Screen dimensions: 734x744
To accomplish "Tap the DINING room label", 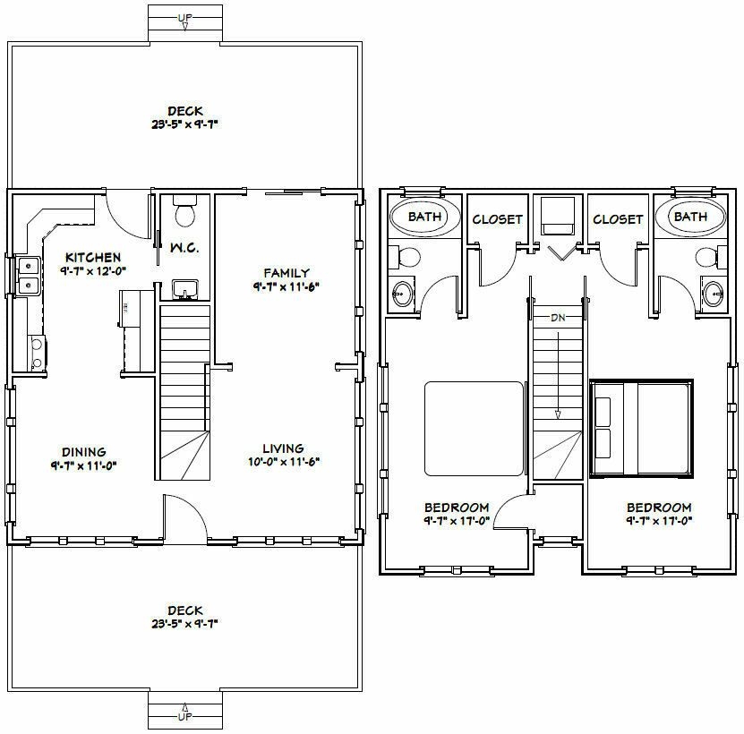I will tap(84, 452).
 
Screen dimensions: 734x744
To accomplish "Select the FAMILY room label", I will tap(286, 273).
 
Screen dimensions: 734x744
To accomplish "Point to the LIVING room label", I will tap(283, 448).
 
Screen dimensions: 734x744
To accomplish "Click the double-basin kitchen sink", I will tap(27, 275).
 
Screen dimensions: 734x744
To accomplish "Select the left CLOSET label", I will tap(497, 219).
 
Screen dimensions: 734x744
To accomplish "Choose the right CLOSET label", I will tap(618, 219).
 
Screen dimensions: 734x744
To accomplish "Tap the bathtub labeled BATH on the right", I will tap(689, 217).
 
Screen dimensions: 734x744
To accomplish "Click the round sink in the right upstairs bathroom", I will tap(714, 293).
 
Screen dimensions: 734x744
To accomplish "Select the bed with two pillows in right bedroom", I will tap(641, 428).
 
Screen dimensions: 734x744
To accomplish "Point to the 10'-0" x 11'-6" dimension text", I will tap(284, 462).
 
